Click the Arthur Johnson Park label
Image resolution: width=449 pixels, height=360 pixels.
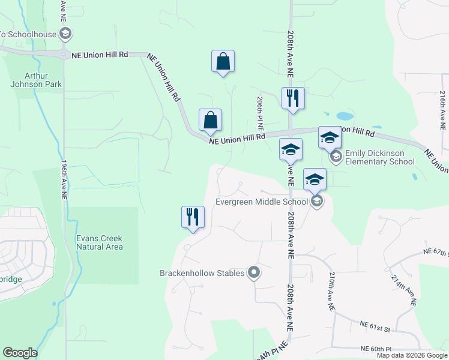(x=36, y=80)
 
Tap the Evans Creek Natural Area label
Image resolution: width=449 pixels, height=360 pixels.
(x=100, y=242)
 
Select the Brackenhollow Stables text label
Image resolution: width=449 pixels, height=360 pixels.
(x=202, y=273)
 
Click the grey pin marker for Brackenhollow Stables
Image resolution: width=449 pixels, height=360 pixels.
(x=254, y=273)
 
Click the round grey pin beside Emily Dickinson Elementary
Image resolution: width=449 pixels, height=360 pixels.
(x=336, y=157)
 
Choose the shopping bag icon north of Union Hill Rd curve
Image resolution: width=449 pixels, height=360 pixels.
(x=223, y=61)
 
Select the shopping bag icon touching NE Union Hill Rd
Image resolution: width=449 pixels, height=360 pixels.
(x=210, y=121)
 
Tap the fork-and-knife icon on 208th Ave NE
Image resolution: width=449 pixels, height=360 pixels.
(x=293, y=98)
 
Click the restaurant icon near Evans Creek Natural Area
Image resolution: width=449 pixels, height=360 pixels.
(x=193, y=217)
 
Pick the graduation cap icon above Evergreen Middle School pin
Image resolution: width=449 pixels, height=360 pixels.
(x=315, y=179)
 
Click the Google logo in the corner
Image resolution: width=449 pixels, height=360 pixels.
(x=20, y=353)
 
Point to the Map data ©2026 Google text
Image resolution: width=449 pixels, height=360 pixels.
(x=412, y=355)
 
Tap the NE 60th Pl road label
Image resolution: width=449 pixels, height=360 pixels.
(x=376, y=348)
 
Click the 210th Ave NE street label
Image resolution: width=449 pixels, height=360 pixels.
(x=331, y=291)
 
